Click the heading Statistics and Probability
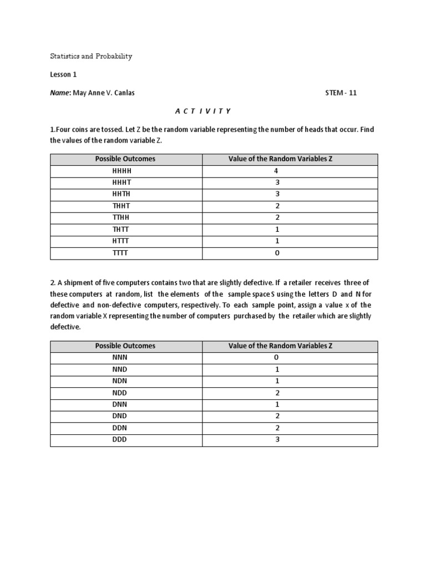[92, 57]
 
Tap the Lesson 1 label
[63, 74]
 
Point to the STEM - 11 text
[341, 93]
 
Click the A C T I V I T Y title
[202, 111]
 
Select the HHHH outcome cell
[125, 171]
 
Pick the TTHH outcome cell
[125, 217]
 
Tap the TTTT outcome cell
[125, 253]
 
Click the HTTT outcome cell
[125, 241]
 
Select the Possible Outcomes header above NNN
[125, 346]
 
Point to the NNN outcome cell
[125, 358]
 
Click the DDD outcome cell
[125, 440]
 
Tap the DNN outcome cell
[125, 404]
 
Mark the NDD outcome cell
[125, 393]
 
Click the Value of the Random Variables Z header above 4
[280, 159]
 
